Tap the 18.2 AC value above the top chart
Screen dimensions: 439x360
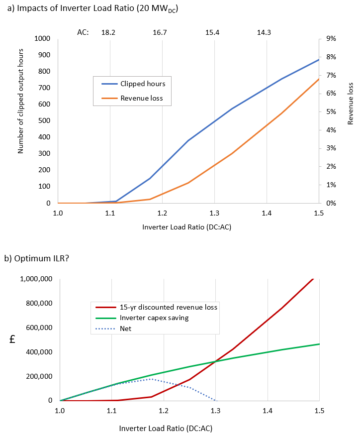coord(108,32)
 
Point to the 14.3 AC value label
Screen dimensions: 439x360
coord(264,32)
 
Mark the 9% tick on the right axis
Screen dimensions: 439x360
coord(332,39)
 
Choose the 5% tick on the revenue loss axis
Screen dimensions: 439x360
coord(332,111)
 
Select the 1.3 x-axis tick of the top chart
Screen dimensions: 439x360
coord(214,213)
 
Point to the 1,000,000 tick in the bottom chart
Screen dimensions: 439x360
coord(36,279)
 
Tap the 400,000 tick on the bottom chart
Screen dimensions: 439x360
coord(40,352)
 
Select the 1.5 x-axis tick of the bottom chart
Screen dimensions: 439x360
coord(319,410)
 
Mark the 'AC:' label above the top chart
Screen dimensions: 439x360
coord(83,32)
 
